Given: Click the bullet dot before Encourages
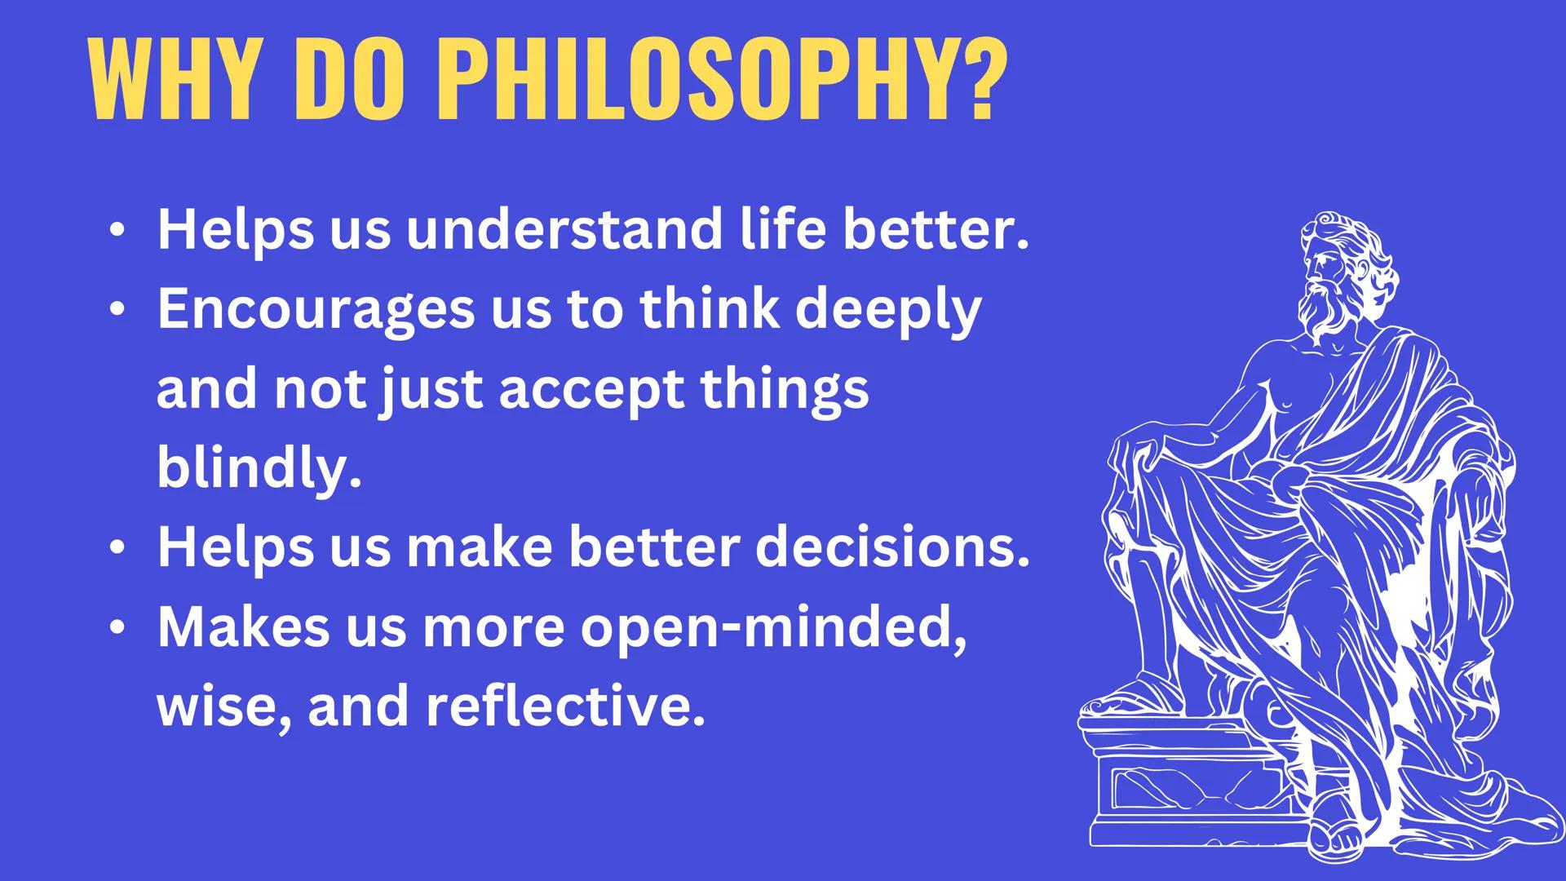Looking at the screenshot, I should click(118, 310).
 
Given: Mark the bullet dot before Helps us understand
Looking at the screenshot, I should click(118, 230).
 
